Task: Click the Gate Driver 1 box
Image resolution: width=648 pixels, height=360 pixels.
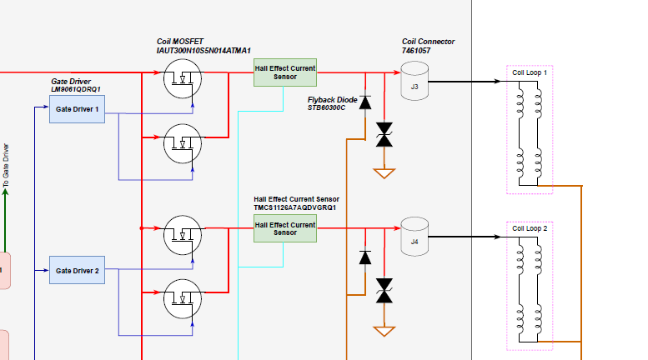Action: click(x=77, y=109)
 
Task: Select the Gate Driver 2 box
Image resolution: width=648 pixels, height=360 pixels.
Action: click(x=77, y=270)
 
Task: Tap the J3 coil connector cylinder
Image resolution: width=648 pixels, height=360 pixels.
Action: click(x=414, y=81)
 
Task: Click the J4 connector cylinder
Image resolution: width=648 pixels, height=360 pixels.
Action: click(x=414, y=237)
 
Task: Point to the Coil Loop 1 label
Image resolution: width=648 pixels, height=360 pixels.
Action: click(x=530, y=72)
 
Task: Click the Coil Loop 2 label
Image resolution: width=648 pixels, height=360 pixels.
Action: click(x=530, y=228)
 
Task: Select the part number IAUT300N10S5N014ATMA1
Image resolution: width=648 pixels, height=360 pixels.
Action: click(x=203, y=51)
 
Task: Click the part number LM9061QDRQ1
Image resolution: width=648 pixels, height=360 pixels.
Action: click(x=76, y=89)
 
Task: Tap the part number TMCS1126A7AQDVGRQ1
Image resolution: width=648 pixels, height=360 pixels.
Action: click(x=294, y=207)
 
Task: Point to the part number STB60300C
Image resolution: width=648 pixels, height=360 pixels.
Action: click(x=326, y=107)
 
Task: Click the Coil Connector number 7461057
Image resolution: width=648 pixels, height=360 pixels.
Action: click(x=416, y=51)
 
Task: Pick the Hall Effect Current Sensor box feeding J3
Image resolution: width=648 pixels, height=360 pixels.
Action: click(x=285, y=72)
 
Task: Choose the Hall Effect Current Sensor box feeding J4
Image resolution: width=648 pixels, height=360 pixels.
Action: click(x=285, y=228)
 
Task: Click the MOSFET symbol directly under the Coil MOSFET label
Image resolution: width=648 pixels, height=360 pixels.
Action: click(x=183, y=78)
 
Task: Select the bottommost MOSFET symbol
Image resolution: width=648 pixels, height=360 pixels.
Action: click(x=183, y=299)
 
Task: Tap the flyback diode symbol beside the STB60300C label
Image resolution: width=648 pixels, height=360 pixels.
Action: click(x=365, y=102)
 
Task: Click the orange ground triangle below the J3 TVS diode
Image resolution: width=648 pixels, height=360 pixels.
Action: click(x=384, y=173)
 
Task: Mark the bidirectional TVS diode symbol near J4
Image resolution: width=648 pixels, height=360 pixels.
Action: click(x=384, y=291)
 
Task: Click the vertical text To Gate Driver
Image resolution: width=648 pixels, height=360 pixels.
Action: click(x=5, y=166)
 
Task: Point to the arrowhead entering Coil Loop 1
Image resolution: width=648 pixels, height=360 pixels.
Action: click(x=498, y=82)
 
